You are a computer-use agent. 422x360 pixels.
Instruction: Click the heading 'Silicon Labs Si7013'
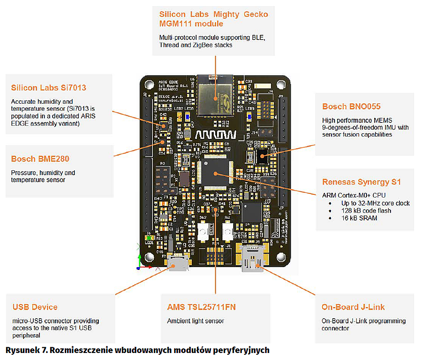pos(48,88)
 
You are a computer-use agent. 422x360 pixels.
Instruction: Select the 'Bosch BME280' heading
pos(40,159)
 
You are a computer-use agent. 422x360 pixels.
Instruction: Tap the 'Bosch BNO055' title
pos(351,107)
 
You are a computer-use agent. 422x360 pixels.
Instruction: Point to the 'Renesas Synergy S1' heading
pos(362,182)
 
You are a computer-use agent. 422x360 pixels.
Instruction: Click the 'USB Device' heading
pos(35,307)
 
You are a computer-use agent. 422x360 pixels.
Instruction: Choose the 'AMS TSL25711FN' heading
pos(201,307)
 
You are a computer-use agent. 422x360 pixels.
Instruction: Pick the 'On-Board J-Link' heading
pos(353,307)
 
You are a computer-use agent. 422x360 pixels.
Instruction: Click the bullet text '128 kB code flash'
pos(366,211)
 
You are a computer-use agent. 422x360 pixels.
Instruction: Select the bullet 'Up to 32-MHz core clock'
pos(376,203)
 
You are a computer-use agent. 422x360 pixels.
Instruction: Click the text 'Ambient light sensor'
pos(196,321)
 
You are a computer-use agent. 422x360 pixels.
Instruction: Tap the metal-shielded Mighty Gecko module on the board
pos(215,93)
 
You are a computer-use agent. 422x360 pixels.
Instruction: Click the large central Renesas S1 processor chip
pos(215,172)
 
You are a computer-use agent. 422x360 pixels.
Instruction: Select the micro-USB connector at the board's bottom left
pos(178,263)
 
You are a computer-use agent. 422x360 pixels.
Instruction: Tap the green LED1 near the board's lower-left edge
pos(150,238)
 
